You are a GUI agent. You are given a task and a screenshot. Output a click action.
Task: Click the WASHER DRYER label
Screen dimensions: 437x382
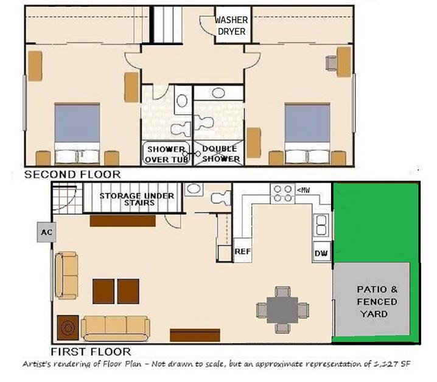coord(231,26)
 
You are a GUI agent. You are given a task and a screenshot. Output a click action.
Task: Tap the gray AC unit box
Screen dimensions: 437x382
coord(46,232)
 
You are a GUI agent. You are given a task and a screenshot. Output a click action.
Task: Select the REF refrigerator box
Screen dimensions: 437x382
coord(242,251)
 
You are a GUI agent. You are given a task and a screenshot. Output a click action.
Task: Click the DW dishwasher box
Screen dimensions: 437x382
coord(321,252)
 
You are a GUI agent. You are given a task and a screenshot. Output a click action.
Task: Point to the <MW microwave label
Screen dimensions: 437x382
coord(303,190)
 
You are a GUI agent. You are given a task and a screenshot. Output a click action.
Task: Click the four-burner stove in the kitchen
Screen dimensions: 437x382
coord(282,193)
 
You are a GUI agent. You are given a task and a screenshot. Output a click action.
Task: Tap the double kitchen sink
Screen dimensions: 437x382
coord(321,225)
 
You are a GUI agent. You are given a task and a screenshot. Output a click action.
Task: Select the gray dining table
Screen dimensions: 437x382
coord(282,310)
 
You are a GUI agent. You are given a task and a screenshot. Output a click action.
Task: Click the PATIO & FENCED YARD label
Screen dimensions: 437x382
coord(377,302)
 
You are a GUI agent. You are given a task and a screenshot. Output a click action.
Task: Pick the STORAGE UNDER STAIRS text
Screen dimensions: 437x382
coord(137,199)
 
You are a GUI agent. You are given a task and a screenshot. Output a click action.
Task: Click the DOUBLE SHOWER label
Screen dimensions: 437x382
coord(220,154)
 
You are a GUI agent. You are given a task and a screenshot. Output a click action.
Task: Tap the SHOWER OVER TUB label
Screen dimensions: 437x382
coord(166,155)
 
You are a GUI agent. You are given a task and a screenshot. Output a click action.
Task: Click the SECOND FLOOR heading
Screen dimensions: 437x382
coord(72,175)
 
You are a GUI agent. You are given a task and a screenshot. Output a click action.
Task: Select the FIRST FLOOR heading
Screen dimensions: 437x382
coord(91,352)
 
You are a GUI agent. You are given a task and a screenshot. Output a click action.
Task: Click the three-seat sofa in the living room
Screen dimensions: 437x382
coord(116,328)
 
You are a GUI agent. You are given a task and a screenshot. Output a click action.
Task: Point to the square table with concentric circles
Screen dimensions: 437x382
coord(68,328)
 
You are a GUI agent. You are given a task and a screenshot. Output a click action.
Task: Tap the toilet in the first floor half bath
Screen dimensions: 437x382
coord(221,198)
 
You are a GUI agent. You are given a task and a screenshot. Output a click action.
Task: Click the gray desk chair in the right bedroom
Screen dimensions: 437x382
coord(331,63)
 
